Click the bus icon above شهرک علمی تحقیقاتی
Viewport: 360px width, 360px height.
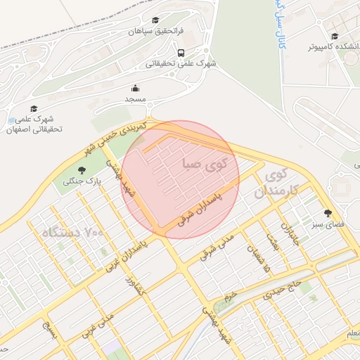point(181,53)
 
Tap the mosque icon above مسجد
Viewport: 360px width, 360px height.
point(135,89)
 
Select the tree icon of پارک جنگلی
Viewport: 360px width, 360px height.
point(82,170)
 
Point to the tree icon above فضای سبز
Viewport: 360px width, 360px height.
point(328,212)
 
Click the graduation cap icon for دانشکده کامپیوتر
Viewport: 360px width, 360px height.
point(335,36)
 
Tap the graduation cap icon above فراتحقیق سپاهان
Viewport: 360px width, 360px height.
point(155,20)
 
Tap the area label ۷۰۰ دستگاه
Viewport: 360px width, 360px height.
point(72,232)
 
